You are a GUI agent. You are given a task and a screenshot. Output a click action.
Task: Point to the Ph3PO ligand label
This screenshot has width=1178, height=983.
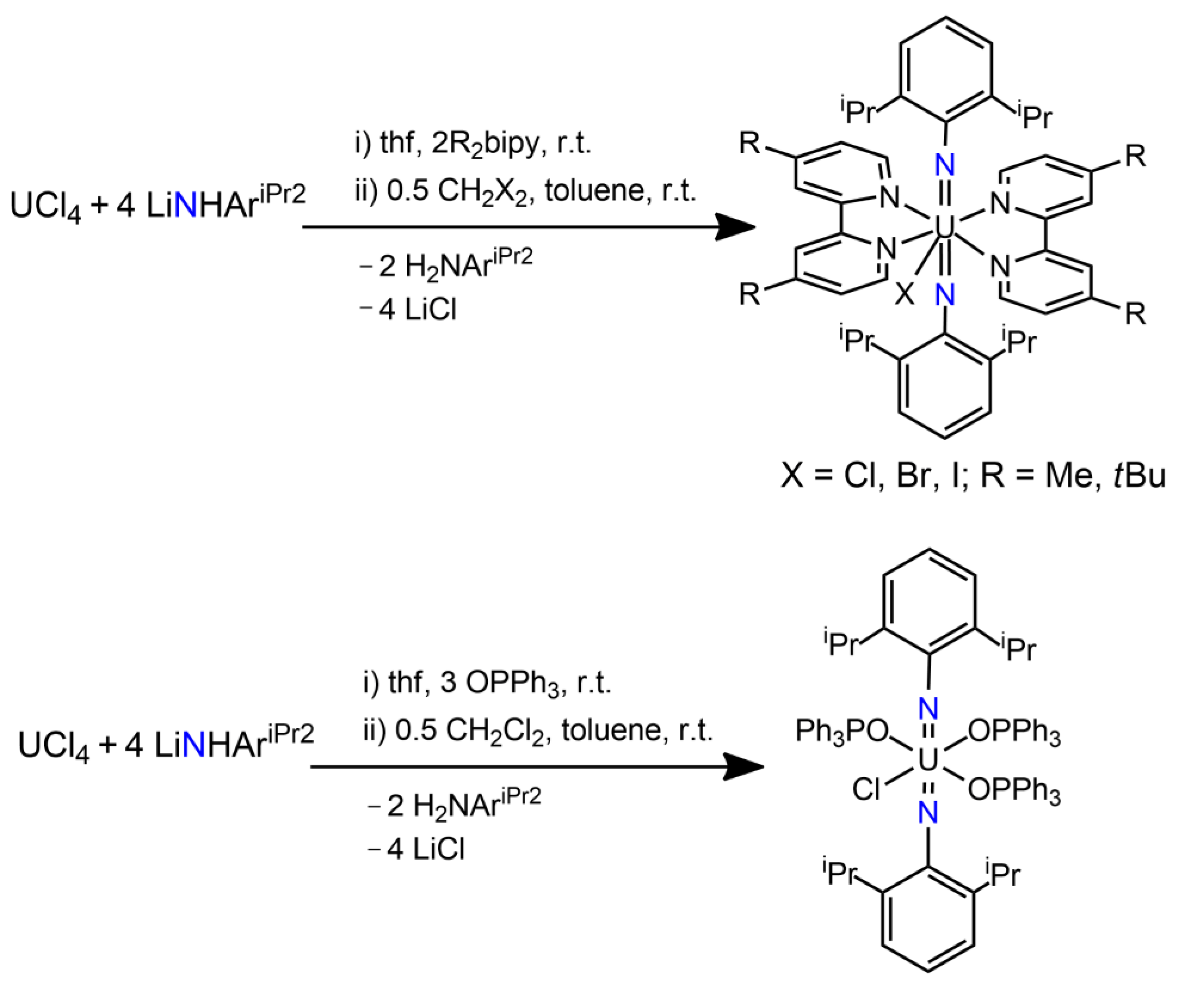[841, 731]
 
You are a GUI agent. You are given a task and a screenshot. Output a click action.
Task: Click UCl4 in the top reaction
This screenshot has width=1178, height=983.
[45, 207]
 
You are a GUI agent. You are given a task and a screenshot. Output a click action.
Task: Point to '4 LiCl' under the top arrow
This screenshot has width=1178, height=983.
[417, 309]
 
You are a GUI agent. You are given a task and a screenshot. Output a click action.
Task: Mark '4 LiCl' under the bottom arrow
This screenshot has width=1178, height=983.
[426, 849]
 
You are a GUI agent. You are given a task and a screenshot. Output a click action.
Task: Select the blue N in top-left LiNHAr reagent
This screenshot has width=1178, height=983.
[186, 207]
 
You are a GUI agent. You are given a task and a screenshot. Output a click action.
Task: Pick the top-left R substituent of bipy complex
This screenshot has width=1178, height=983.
[750, 144]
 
